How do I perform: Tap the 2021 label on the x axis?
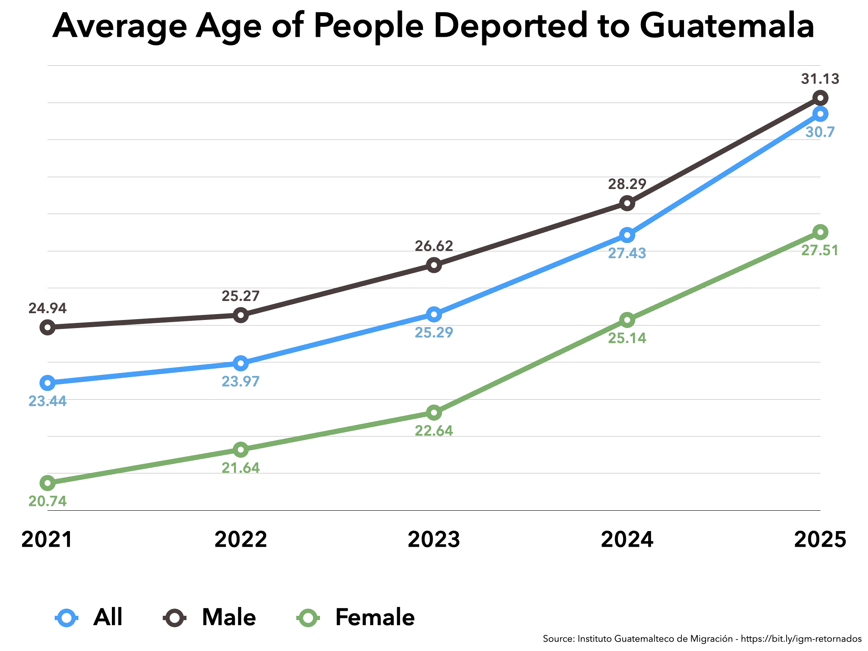pos(47,540)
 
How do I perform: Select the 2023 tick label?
pos(434,540)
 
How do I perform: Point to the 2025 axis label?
pos(820,540)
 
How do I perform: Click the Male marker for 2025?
pos(820,98)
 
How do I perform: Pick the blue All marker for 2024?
pos(627,235)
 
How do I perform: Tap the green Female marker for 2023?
pos(434,412)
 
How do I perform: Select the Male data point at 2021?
pos(47,327)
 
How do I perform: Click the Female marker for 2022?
pos(241,449)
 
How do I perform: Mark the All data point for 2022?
pos(241,363)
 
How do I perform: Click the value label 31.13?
pos(820,79)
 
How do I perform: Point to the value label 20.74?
pos(47,501)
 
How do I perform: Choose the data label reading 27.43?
pos(627,253)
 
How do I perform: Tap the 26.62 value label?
pos(434,246)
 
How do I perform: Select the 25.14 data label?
pos(627,338)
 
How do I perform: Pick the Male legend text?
pos(229,617)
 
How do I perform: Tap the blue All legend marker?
pos(67,618)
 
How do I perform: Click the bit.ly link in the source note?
pos(801,639)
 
